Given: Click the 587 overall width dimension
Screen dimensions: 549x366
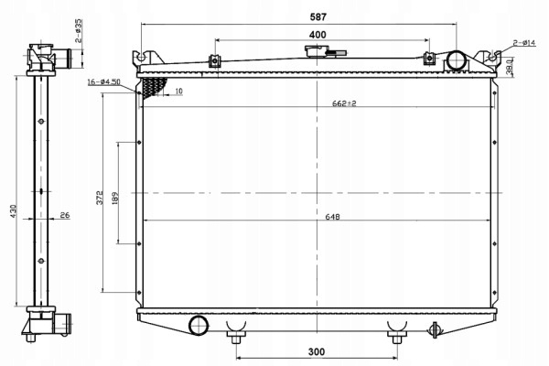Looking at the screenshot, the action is coord(318,16).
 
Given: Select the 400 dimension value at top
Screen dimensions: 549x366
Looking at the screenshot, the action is coord(318,35).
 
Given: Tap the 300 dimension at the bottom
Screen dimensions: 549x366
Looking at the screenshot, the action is coord(317,351).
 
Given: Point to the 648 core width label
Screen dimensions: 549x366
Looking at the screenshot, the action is coord(332,217).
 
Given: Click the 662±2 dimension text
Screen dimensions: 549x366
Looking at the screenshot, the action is coord(344,103).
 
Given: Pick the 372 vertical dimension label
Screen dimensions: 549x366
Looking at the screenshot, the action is coord(100,198).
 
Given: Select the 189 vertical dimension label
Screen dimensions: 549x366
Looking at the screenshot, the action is coord(116,199).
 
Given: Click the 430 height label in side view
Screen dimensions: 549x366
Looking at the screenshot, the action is coord(14,211).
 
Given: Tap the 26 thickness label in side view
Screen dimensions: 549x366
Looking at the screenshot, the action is coord(65,215).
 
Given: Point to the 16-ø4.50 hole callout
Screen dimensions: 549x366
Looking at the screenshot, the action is coord(103,82).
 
